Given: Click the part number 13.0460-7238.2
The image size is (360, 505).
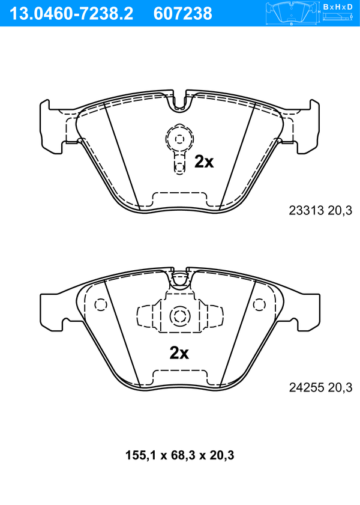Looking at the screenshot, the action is coord(71,14).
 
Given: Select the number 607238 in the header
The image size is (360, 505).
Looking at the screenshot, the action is coord(183,14).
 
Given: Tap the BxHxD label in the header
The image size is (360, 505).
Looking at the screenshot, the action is coord(338,7).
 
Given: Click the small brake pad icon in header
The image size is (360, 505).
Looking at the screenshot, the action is coord(291,14).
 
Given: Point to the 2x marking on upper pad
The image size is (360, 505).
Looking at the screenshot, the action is coord(204,162).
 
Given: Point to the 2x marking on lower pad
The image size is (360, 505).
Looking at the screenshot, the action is coord(179,353).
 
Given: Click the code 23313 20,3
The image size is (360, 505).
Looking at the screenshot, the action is coord(320,210).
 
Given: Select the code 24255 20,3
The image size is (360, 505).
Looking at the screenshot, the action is coord(320,387).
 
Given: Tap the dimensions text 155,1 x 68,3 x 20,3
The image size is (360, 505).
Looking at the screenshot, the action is coord(180,455).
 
